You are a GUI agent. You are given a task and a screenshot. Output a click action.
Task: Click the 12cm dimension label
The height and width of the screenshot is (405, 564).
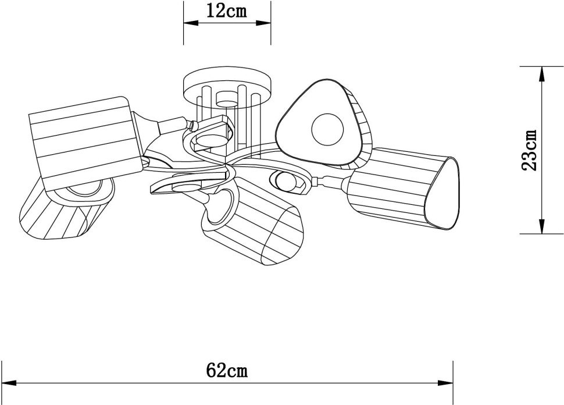[227, 12]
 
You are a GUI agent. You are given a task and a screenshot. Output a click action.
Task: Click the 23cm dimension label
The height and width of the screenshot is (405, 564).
[529, 150]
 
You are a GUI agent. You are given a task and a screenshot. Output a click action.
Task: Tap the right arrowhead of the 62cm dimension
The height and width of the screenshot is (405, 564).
[445, 383]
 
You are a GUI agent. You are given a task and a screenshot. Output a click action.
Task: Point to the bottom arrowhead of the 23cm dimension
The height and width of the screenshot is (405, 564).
[542, 226]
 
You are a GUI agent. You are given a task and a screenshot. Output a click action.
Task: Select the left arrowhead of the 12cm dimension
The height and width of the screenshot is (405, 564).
[191, 23]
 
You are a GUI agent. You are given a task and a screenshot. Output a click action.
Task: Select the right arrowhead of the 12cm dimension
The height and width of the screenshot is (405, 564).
[263, 23]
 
